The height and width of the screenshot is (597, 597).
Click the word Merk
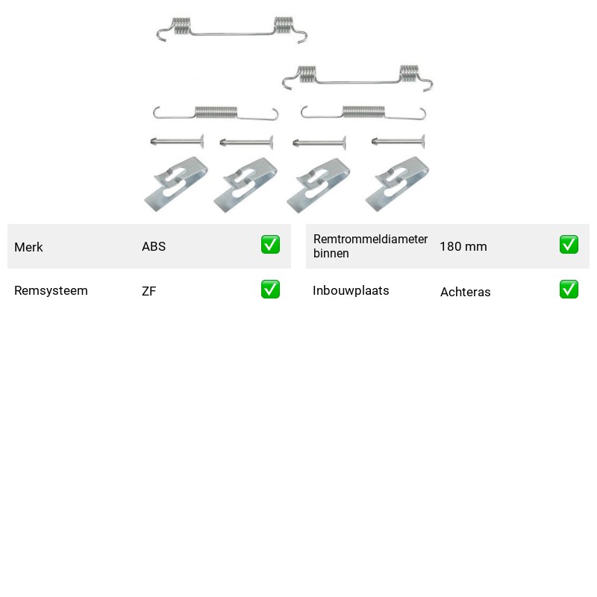pyautogui.click(x=28, y=247)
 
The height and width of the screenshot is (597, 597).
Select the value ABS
pyautogui.click(x=154, y=246)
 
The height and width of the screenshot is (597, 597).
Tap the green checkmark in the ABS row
pyautogui.click(x=270, y=245)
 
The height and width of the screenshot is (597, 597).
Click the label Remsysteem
pyautogui.click(x=51, y=290)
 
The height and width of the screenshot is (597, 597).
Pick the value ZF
pyautogui.click(x=149, y=291)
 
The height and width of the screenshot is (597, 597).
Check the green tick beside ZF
pyautogui.click(x=270, y=290)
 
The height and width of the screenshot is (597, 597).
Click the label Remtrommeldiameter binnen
pyautogui.click(x=370, y=246)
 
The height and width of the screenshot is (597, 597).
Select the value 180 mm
pyautogui.click(x=463, y=247)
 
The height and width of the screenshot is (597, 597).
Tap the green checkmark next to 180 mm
pyautogui.click(x=569, y=245)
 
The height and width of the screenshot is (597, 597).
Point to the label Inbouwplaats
pyautogui.click(x=351, y=290)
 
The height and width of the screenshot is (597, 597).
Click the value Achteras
pyautogui.click(x=466, y=292)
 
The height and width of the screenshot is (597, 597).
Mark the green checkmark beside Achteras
pyautogui.click(x=569, y=290)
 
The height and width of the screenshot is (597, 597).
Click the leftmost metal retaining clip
pyautogui.click(x=176, y=184)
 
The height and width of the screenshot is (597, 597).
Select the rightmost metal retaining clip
pyautogui.click(x=397, y=184)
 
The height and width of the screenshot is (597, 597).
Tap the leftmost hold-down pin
pyautogui.click(x=177, y=142)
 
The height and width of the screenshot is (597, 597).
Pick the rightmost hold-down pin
pyautogui.click(x=398, y=142)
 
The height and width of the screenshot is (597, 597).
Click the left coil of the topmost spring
pyautogui.click(x=181, y=26)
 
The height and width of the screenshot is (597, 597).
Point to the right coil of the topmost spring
pyautogui.click(x=284, y=25)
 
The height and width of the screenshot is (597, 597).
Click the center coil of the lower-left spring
pyautogui.click(x=216, y=113)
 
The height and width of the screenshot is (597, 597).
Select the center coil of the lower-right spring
pyautogui.click(x=363, y=112)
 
